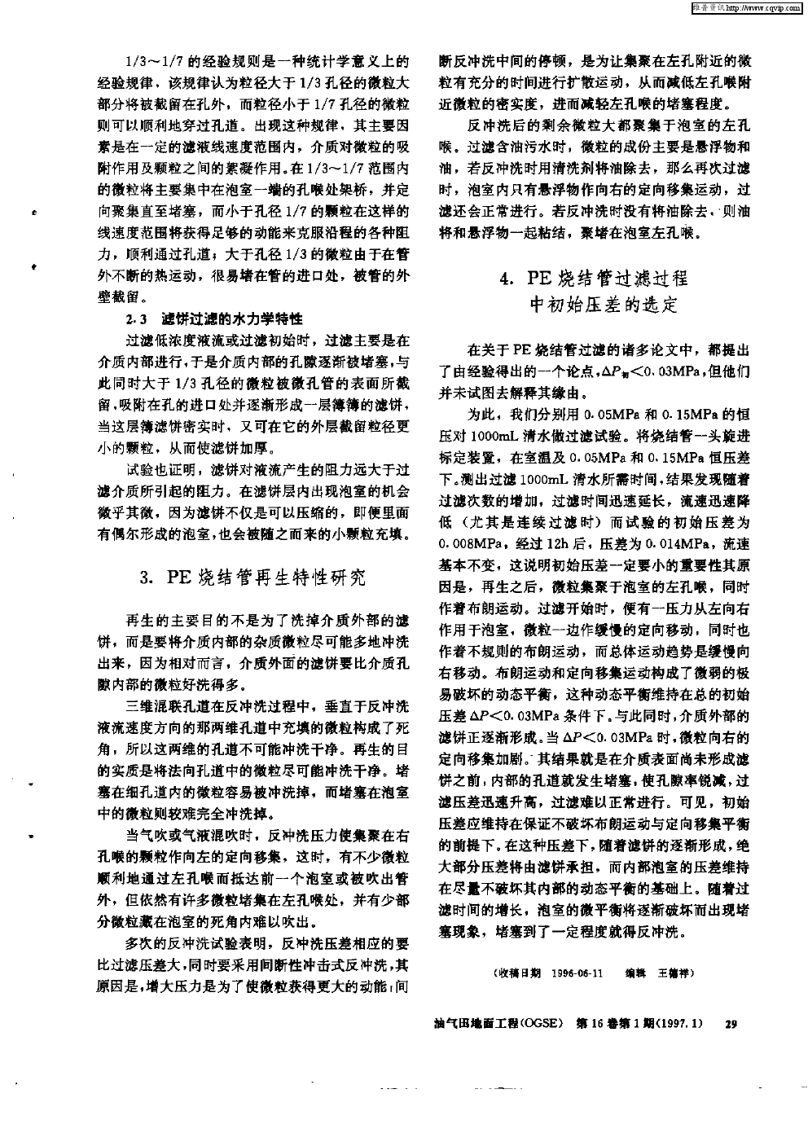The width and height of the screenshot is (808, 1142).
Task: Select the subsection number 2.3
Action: pyautogui.click(x=134, y=317)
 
